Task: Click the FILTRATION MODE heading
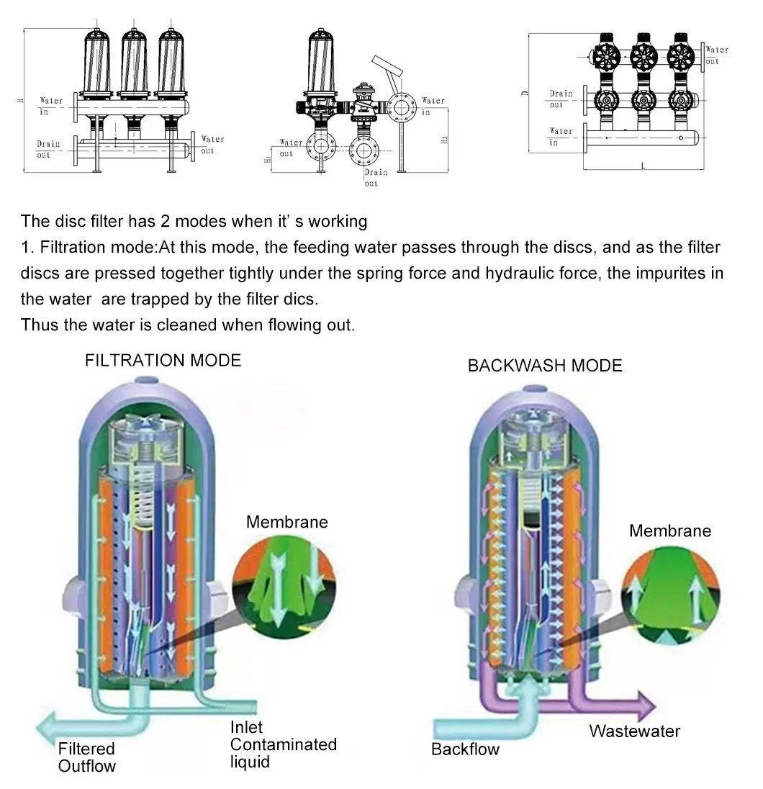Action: pos(163,360)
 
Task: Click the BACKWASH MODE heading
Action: pos(544,366)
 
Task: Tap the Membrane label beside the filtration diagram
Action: pos(286,522)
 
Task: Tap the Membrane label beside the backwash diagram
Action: pos(669,531)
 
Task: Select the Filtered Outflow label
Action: pos(86,757)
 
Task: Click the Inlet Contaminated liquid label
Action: pos(283,744)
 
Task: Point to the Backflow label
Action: pos(465,749)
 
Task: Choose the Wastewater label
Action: pos(634,731)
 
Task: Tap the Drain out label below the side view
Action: pos(374,178)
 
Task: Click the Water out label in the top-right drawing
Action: pos(715,55)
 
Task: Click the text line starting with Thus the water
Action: pos(188,325)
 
